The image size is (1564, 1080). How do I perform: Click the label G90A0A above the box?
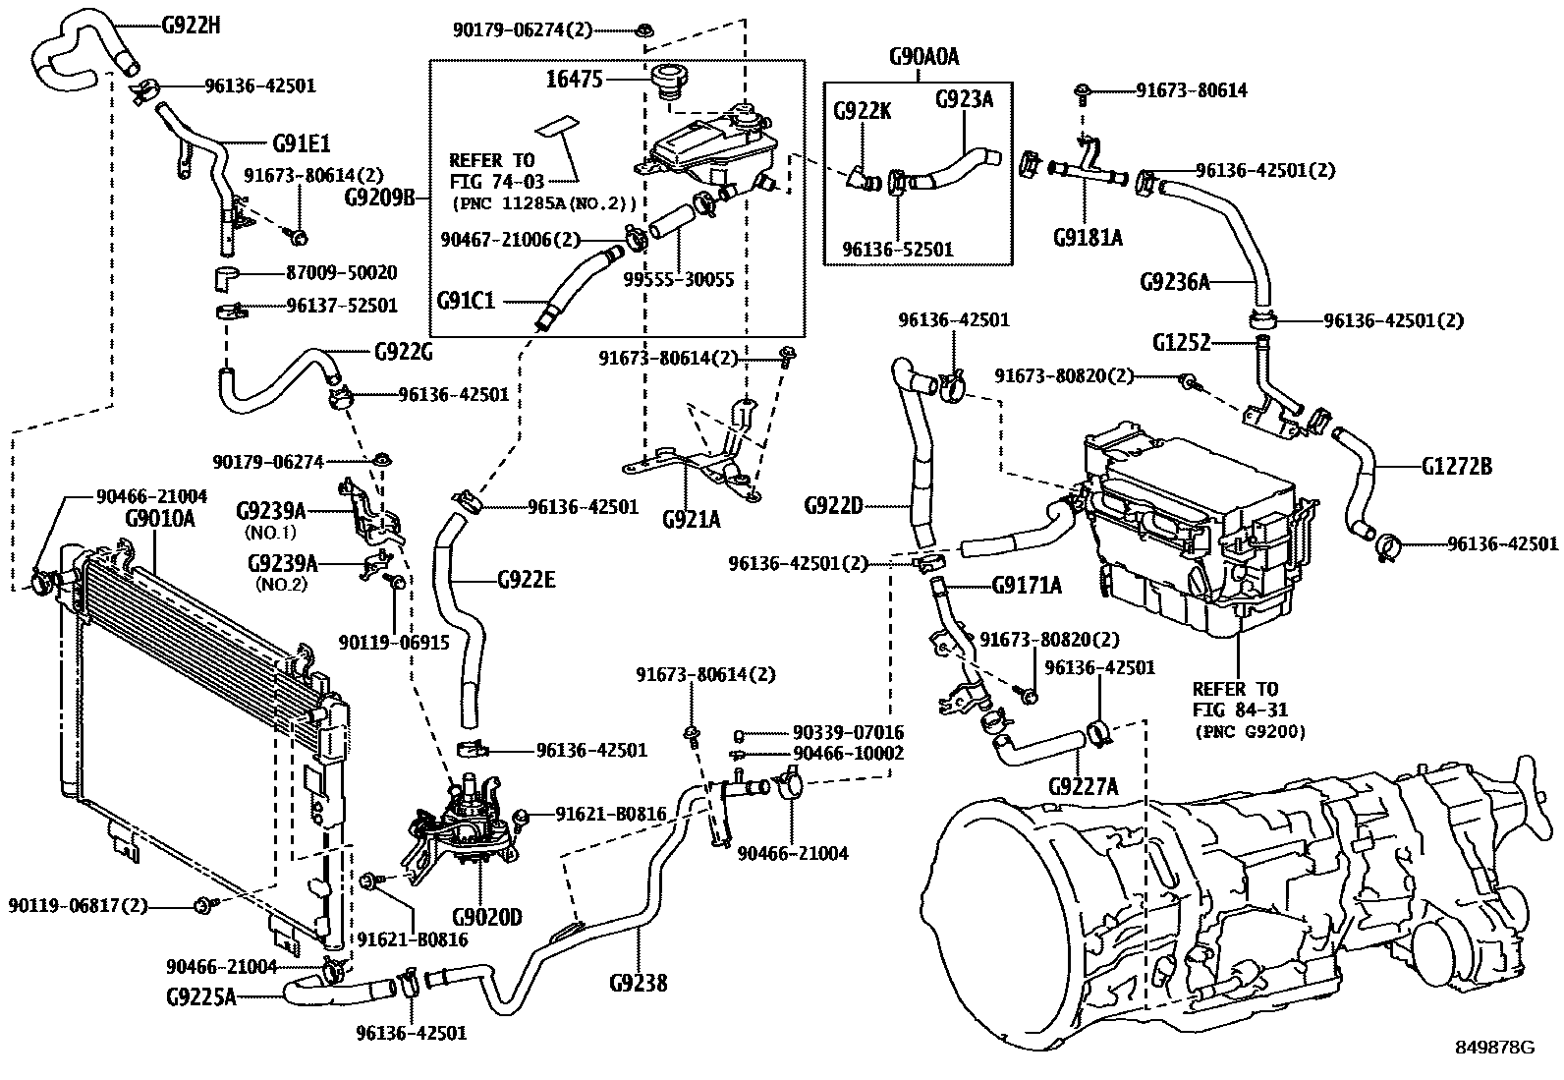[922, 57]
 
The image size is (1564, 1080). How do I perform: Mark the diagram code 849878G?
[1494, 1048]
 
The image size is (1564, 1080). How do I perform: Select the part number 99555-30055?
[678, 279]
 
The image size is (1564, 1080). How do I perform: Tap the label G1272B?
[1456, 467]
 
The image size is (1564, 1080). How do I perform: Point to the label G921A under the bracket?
[691, 519]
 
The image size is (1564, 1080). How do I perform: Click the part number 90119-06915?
[393, 641]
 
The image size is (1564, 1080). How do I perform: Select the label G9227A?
[1083, 785]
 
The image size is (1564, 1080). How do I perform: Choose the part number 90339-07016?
[848, 733]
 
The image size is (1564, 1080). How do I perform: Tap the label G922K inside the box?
[862, 111]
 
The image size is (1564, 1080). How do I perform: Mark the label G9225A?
[201, 997]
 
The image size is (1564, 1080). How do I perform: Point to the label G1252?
[1182, 343]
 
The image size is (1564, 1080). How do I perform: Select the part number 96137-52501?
[342, 306]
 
